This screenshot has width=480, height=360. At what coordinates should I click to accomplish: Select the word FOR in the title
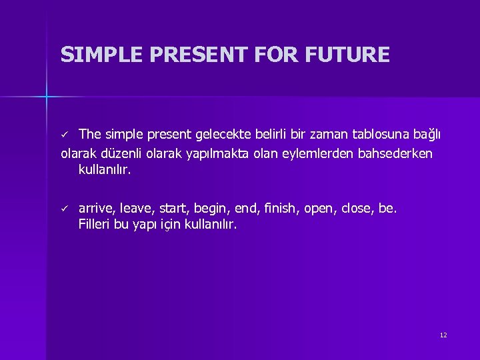click(274, 54)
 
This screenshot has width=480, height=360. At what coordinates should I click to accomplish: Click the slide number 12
click(443, 335)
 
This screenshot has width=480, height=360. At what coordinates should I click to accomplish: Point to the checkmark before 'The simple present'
click(65, 136)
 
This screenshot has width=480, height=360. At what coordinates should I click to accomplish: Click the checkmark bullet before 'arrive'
click(65, 208)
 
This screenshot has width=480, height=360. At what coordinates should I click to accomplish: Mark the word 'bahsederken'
click(395, 153)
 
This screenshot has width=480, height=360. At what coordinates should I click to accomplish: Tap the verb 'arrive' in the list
click(95, 208)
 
